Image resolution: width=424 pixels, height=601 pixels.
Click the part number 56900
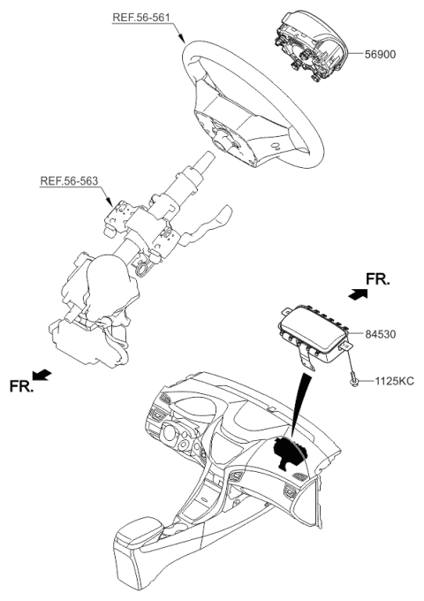[380, 54]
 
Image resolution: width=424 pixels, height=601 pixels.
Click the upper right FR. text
[377, 279]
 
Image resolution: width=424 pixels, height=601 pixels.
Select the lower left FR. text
[21, 385]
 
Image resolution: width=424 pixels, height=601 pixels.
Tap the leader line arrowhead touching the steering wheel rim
[183, 41]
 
